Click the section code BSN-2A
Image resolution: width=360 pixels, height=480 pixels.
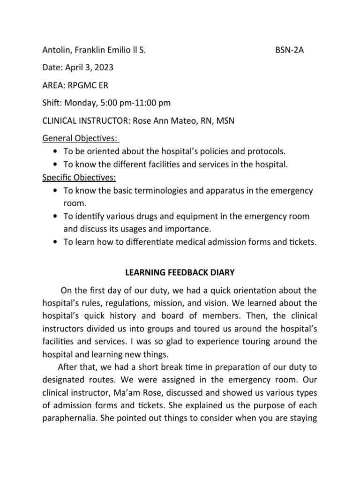(x=289, y=50)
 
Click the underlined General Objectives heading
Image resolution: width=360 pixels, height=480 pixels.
(x=80, y=139)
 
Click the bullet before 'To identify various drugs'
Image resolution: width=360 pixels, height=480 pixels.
(x=56, y=217)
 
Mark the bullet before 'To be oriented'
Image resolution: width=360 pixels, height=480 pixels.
(x=56, y=152)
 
